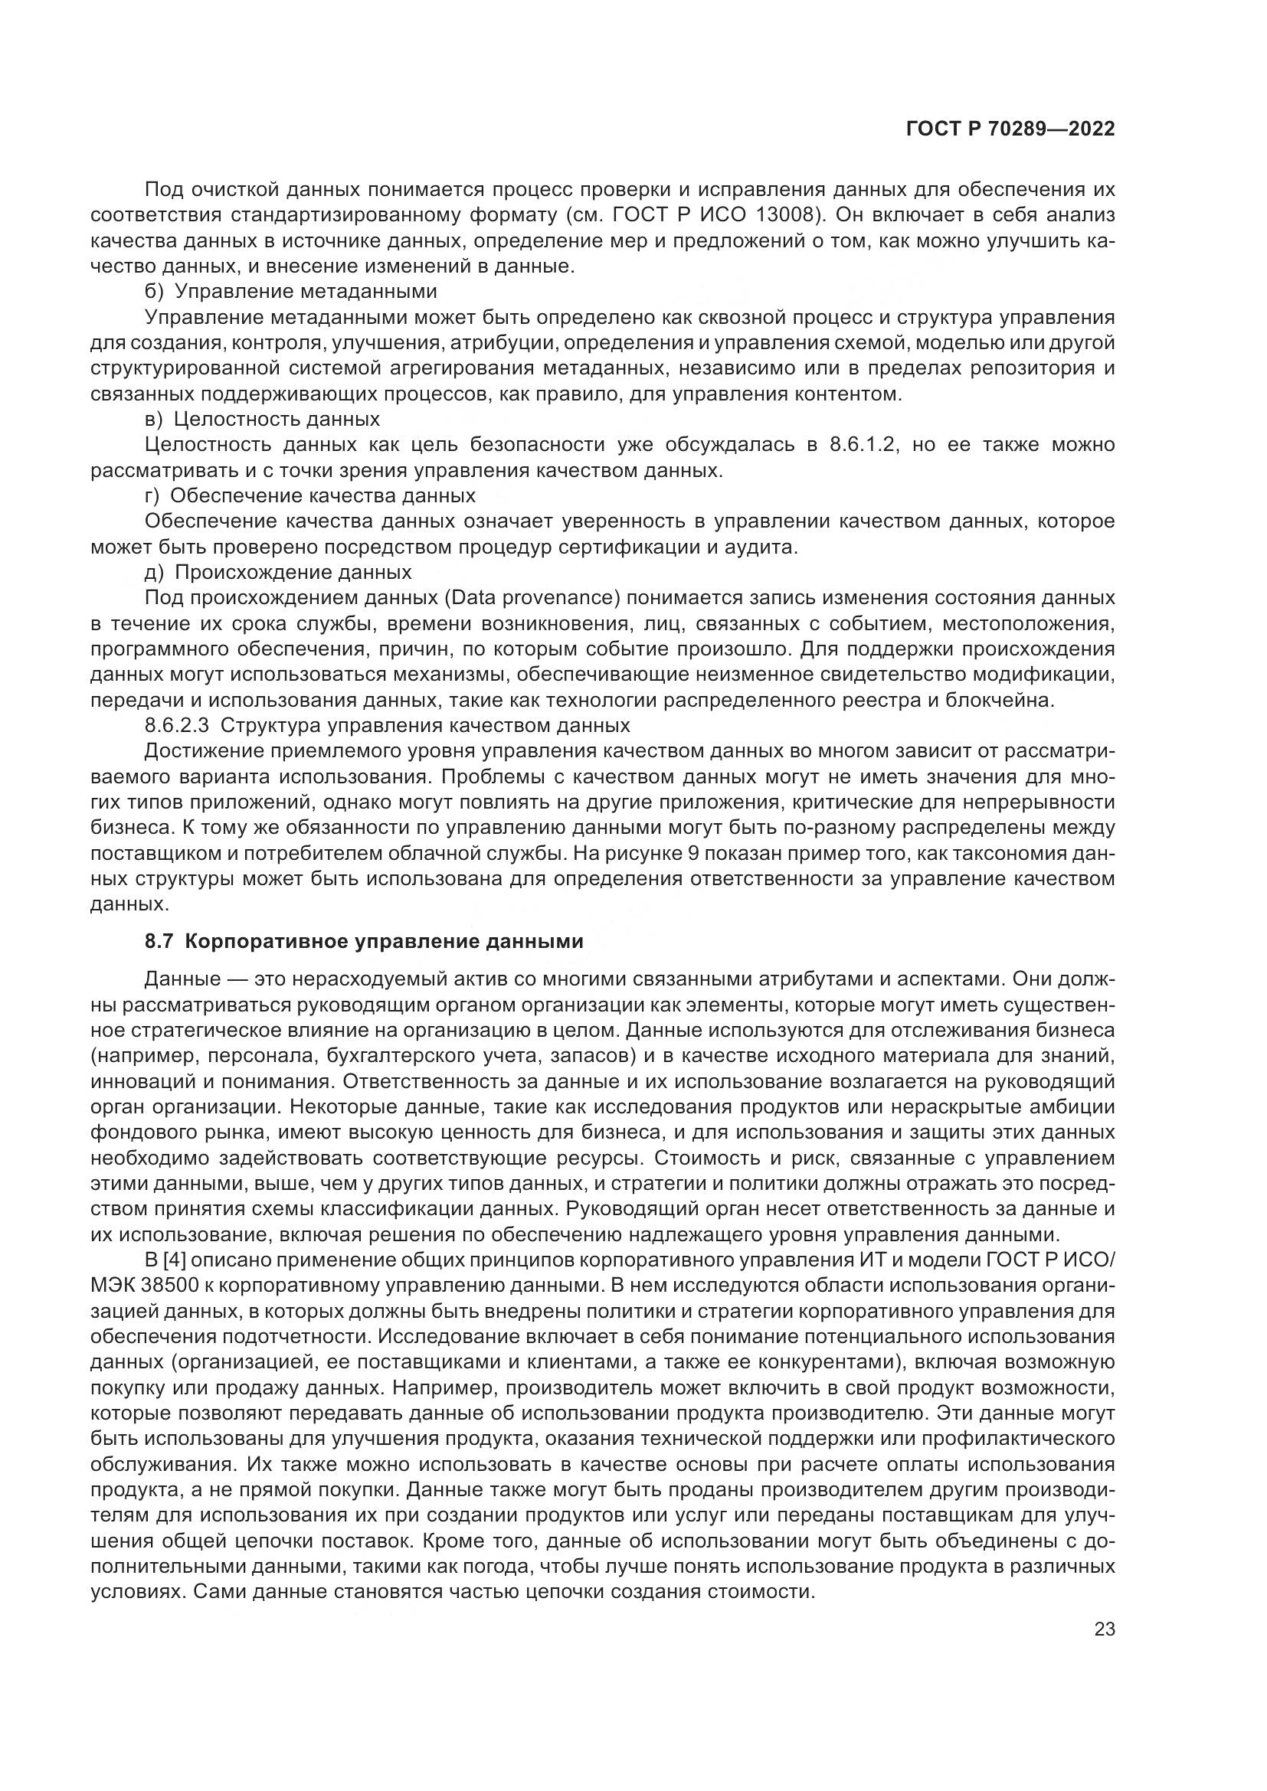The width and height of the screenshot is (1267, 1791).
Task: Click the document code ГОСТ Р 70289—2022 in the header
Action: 1010,129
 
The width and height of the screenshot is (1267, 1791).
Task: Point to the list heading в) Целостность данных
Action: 263,419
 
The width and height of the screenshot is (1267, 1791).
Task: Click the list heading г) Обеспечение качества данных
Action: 310,495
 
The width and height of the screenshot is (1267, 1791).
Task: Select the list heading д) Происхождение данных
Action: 279,572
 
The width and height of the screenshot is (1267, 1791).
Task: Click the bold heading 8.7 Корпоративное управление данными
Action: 364,942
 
